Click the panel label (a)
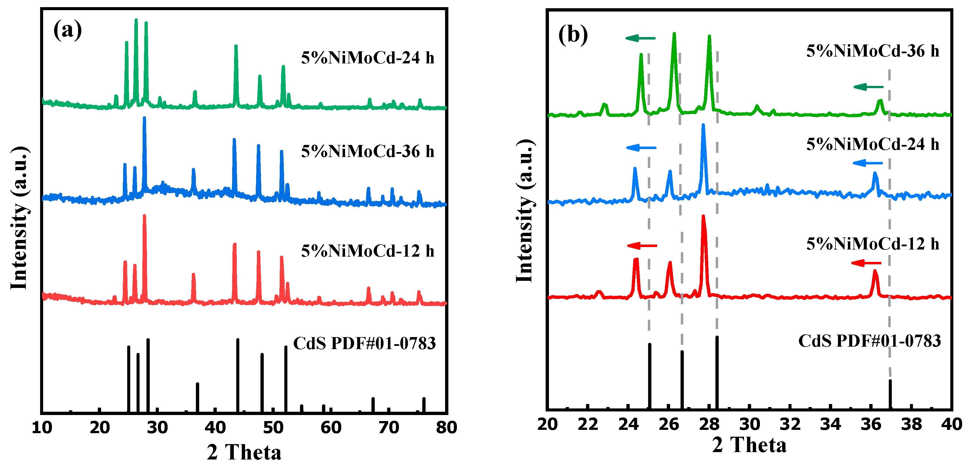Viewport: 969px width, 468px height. click(67, 30)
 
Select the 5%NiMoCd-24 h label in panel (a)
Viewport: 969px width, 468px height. click(368, 58)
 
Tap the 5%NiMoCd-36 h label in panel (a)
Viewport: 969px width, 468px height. click(368, 151)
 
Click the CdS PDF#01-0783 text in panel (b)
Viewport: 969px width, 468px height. click(869, 341)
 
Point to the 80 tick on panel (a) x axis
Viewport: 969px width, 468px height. click(446, 427)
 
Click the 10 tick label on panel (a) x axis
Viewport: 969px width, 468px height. click(42, 427)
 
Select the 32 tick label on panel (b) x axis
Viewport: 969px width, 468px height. click(790, 424)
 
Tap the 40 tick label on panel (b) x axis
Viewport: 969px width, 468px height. click(951, 424)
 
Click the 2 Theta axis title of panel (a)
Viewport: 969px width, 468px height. click(244, 452)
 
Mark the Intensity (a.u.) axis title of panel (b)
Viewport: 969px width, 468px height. click(524, 211)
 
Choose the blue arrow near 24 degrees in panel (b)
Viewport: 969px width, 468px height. click(641, 148)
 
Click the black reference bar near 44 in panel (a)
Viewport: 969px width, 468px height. click(237, 376)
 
